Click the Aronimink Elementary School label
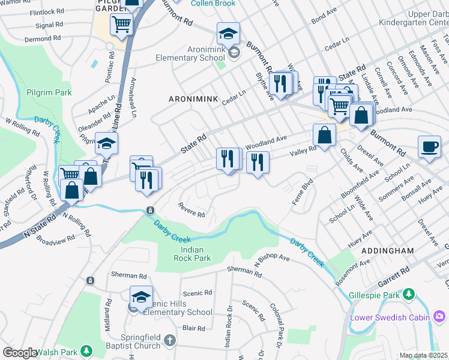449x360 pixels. pyautogui.click(x=182, y=54)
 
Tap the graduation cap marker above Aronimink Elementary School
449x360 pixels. pyautogui.click(x=228, y=32)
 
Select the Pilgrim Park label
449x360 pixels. pyautogui.click(x=49, y=92)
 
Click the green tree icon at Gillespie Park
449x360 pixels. pyautogui.click(x=409, y=294)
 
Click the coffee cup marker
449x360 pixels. pyautogui.click(x=429, y=147)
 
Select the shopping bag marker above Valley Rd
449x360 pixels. pyautogui.click(x=324, y=135)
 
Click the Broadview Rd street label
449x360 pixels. pyautogui.click(x=55, y=238)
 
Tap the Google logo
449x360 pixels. pyautogui.click(x=20, y=353)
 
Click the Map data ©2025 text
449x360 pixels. pyautogui.click(x=423, y=355)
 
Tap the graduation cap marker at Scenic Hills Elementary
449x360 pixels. pyautogui.click(x=141, y=297)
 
